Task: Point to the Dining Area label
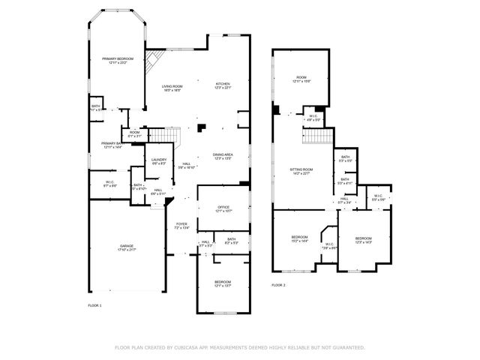[223, 156]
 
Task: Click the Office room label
[223, 208]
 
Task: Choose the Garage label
[127, 247]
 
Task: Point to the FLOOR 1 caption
[95, 306]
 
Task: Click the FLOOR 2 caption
[278, 285]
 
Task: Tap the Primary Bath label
[113, 145]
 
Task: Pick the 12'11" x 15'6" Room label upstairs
[301, 79]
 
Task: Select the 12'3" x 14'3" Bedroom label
[364, 240]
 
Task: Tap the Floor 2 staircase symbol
[318, 137]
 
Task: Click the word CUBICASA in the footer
[191, 348]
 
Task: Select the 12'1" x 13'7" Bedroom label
[223, 283]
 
